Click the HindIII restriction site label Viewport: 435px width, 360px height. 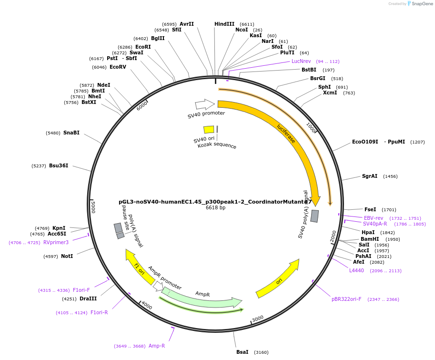pos(224,24)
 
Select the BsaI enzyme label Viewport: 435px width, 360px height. pos(242,352)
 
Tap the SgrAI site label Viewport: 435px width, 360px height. pos(370,176)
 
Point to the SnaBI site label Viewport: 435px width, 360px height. pos(71,133)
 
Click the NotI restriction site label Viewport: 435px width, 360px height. pos(67,256)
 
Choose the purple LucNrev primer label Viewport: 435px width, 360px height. pos(301,61)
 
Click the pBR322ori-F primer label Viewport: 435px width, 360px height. pos(346,299)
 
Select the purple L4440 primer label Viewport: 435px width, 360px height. pos(356,270)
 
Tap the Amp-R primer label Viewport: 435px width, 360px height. pos(157,346)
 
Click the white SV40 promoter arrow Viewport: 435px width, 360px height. pos(204,104)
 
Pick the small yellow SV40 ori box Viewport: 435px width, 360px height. pos(209,129)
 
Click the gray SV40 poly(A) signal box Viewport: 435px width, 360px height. pos(314,216)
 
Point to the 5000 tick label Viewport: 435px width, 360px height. pos(93,207)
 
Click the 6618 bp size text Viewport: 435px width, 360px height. pos(215,208)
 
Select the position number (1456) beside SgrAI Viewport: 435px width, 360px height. pos(390,176)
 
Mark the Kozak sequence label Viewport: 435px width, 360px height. pos(217,146)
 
